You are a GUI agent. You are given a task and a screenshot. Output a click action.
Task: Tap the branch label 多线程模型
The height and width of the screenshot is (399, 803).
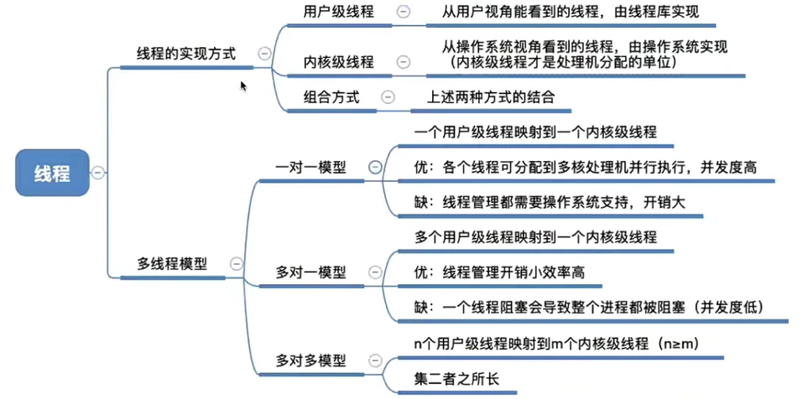(172, 263)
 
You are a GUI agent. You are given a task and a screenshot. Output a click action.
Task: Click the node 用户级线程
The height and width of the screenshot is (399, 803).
(339, 12)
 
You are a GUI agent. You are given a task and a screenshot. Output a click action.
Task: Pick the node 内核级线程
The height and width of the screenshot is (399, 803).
(339, 62)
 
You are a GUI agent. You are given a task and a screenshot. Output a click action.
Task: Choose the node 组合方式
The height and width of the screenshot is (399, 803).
(331, 97)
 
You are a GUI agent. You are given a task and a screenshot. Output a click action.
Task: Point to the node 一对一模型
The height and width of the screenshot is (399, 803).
(311, 168)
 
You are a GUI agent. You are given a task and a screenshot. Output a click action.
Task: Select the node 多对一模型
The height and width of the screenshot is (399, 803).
(311, 272)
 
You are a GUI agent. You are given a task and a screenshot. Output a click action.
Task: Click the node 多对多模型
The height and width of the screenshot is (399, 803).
(311, 361)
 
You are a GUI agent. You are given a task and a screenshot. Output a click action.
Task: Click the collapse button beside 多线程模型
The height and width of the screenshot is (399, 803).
(236, 263)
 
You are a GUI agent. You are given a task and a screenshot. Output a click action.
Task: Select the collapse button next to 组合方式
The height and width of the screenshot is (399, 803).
(388, 97)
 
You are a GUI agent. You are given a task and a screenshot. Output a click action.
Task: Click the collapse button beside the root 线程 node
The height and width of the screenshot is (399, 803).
(98, 174)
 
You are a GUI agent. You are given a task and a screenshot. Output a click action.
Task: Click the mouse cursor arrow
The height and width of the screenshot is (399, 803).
(243, 85)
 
